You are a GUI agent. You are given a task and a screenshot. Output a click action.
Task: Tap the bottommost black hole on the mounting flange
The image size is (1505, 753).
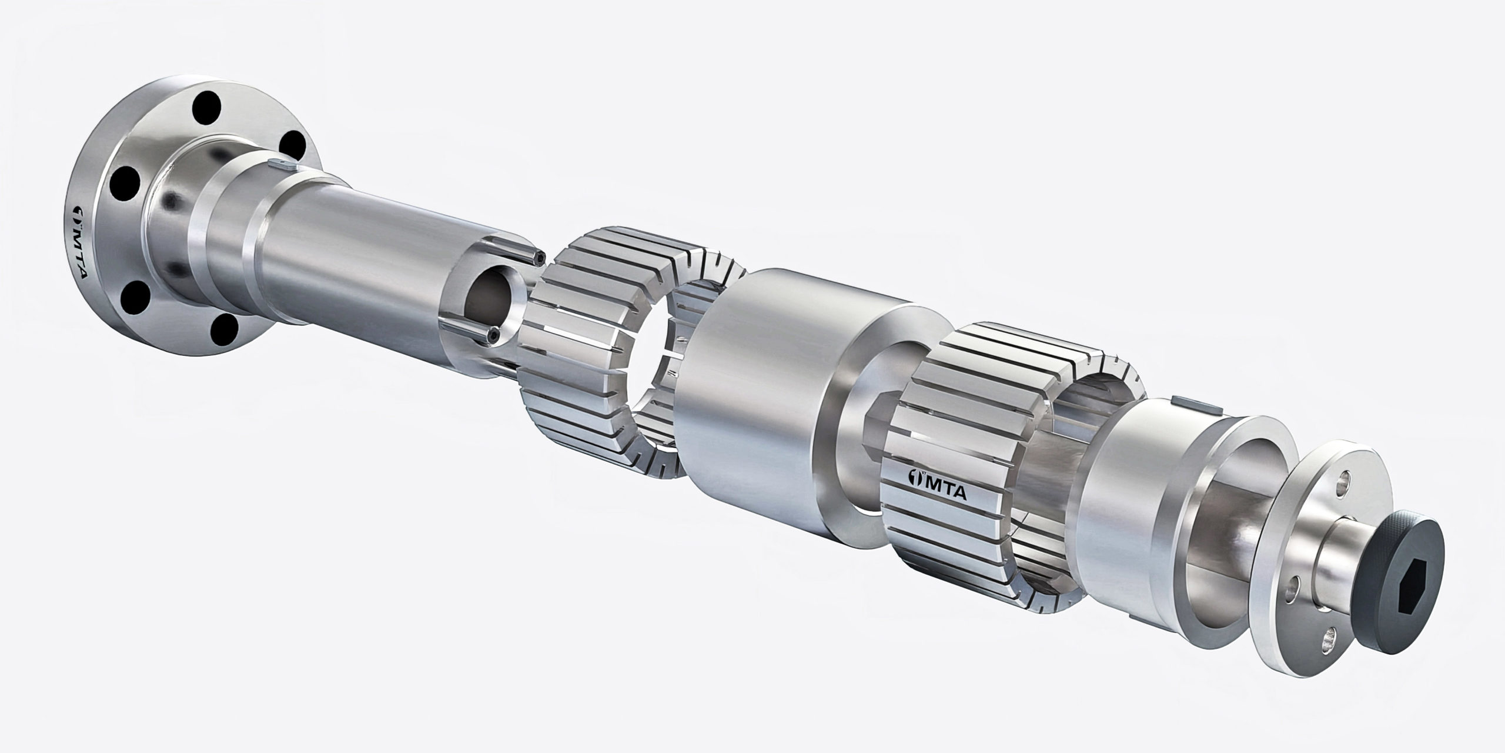point(224,332)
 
